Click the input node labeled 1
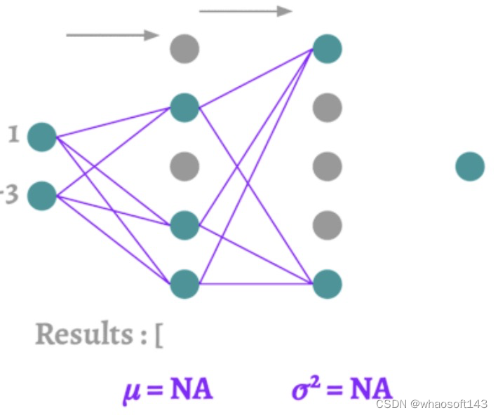point(42,137)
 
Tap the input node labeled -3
point(42,195)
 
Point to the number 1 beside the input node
point(13,135)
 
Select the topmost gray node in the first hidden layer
point(185,49)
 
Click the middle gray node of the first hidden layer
point(185,167)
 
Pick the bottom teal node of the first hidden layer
point(185,283)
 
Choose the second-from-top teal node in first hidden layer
point(185,108)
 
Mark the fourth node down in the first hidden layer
point(185,225)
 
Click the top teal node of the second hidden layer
point(327,49)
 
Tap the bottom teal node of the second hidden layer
point(327,283)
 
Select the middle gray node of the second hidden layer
point(327,167)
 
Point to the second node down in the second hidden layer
point(327,108)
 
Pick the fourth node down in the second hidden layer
point(327,225)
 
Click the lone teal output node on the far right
point(470,167)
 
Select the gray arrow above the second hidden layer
point(245,11)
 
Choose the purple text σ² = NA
point(341,388)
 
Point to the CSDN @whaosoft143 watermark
point(431,404)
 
